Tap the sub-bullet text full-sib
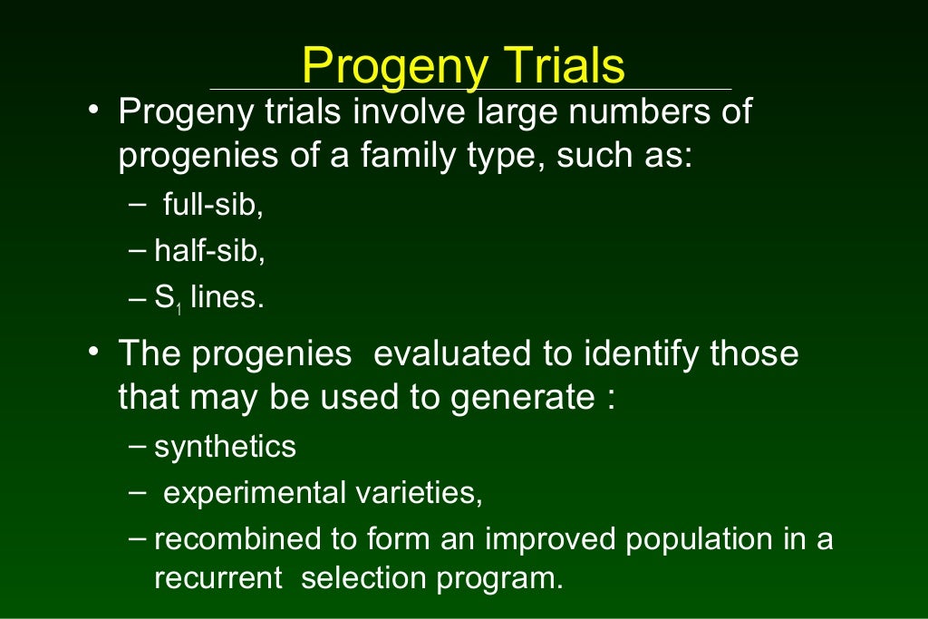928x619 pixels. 213,206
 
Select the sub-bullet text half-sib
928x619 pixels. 209,252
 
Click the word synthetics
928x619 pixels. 225,447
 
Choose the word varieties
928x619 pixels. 418,493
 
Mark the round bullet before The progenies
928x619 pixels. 93,350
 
